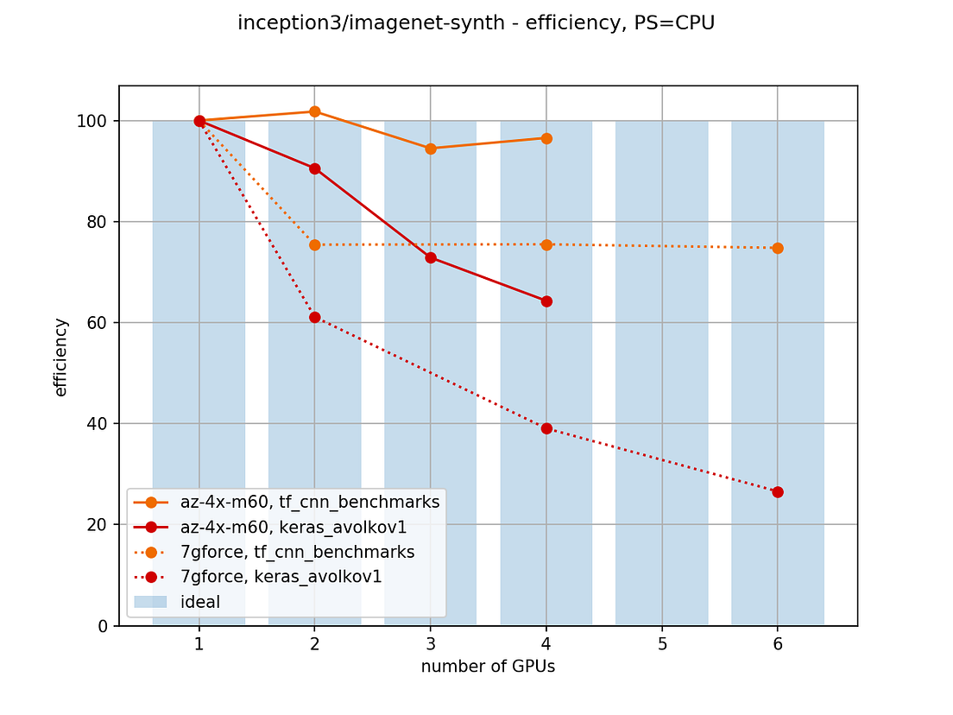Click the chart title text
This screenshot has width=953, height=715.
coord(476,23)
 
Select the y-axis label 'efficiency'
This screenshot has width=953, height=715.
coord(61,357)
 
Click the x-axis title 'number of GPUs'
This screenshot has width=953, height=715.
coord(488,667)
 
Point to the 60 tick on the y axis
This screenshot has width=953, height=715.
coord(100,323)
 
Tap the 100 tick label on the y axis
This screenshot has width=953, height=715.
coord(97,121)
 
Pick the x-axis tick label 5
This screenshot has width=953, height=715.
coord(662,642)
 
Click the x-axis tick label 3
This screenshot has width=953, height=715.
coord(431,642)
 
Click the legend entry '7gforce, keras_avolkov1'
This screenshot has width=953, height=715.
coord(281,577)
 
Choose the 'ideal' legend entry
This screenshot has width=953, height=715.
coord(200,602)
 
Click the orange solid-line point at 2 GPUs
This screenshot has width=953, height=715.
coord(315,111)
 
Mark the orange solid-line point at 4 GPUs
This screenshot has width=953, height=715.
coord(546,138)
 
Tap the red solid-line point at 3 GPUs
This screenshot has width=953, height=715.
coord(431,257)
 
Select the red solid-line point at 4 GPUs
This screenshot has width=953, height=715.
coord(546,301)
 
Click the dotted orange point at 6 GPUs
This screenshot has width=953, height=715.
coord(778,248)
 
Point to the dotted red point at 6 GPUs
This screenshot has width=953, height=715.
coord(778,492)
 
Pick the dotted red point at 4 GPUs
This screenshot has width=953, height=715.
coord(546,428)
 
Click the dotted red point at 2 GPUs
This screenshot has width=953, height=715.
coord(315,317)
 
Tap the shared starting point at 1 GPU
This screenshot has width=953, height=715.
coord(199,121)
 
